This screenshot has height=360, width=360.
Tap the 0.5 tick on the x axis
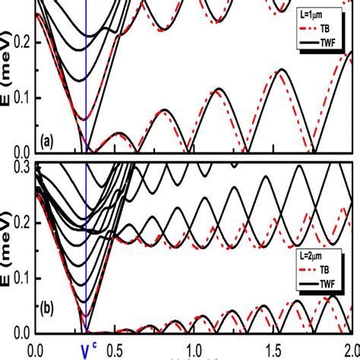(115, 350)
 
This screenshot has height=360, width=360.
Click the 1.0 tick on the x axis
(194, 350)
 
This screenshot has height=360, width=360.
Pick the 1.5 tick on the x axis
(272, 350)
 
